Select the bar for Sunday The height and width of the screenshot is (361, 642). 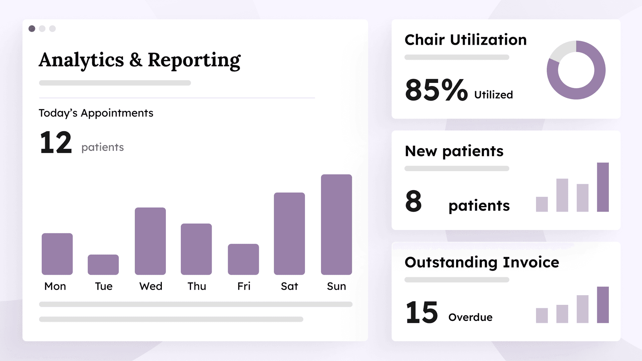tap(336, 225)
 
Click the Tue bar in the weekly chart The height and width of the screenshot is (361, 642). tap(103, 265)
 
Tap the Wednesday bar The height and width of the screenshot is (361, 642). tap(150, 241)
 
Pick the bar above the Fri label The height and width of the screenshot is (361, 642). tap(243, 259)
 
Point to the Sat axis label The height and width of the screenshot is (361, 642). tap(289, 286)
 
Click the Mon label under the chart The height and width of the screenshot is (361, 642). tap(55, 286)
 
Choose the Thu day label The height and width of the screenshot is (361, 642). tap(197, 286)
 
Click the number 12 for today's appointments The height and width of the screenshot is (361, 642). tap(56, 143)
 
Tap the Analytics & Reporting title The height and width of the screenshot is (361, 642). tap(139, 60)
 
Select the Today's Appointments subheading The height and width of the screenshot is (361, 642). tap(96, 113)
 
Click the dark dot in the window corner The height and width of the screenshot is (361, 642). tap(32, 29)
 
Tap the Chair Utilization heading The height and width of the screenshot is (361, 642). tap(465, 40)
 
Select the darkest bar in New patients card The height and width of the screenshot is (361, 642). tap(603, 187)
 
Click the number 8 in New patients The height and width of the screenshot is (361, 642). tap(413, 201)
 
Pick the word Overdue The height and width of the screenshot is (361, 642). tap(470, 317)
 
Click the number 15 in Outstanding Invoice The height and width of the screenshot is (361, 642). tap(421, 313)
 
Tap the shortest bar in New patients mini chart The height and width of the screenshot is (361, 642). tap(542, 204)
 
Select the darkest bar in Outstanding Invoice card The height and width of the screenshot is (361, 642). tap(603, 305)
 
